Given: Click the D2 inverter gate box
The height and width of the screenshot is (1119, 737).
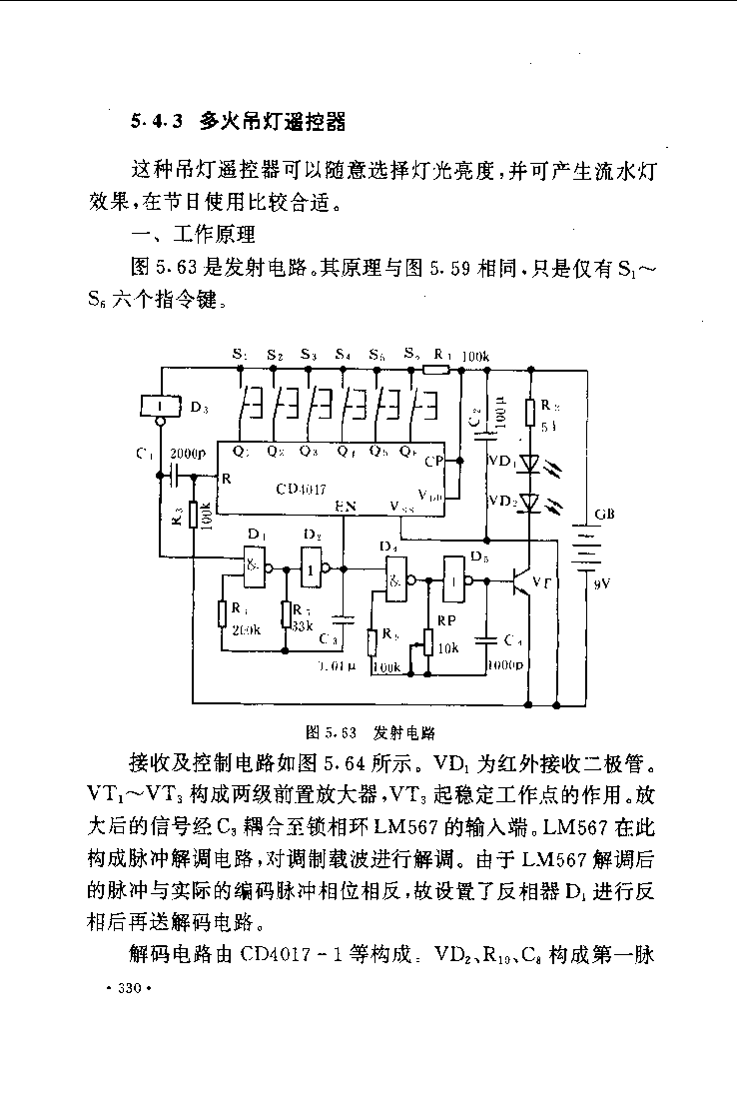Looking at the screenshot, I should point(313,568).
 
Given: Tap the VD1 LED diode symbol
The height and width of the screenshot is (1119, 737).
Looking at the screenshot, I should point(528,464).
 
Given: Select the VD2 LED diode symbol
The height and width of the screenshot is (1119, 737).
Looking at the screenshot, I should point(528,502).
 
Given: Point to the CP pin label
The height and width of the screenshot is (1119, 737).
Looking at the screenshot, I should point(433,462).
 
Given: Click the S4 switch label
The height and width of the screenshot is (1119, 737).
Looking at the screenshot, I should point(343,355).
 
